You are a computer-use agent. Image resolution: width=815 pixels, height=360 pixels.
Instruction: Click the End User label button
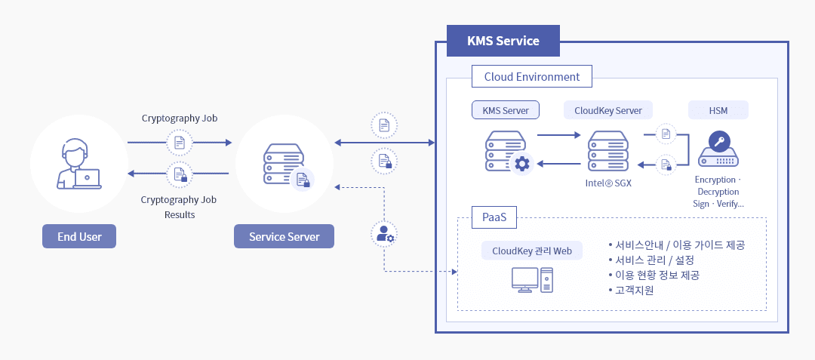79,236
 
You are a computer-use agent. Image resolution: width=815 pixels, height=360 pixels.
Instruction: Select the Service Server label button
284,236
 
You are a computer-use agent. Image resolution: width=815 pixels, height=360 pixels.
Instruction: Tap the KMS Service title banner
503,41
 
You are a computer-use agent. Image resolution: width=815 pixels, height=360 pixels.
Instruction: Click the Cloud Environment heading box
532,77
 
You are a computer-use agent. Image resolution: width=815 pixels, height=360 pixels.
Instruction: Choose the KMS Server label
506,110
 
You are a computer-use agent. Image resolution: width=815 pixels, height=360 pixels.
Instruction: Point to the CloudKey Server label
608,110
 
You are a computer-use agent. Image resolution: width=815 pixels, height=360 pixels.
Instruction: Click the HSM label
718,110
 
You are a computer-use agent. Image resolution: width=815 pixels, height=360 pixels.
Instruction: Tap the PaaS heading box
494,218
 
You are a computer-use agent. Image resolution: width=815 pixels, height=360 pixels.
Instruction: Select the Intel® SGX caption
608,183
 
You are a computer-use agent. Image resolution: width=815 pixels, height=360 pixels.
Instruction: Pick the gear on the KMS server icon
521,163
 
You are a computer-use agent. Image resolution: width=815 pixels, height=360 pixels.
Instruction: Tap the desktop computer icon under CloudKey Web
532,280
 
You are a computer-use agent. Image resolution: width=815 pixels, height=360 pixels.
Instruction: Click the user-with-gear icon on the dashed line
385,234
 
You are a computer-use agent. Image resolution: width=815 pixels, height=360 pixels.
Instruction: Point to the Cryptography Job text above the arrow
180,118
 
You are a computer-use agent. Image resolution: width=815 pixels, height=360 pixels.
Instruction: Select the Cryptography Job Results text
179,207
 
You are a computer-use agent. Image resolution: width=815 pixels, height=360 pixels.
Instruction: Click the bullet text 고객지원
634,290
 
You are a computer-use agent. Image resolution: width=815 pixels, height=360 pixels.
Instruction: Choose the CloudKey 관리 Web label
532,251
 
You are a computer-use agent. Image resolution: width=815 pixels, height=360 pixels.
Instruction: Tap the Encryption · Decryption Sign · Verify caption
718,192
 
